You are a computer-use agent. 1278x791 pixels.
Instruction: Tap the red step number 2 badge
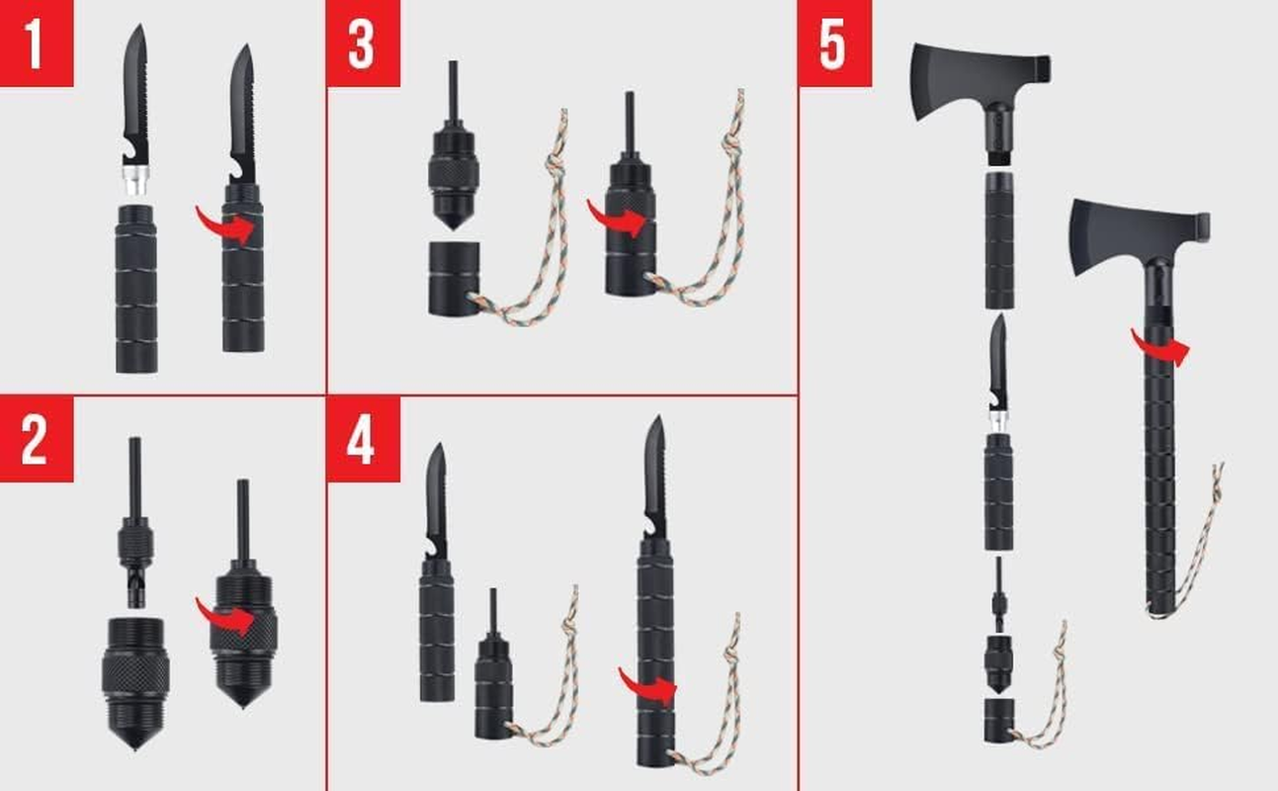click(36, 438)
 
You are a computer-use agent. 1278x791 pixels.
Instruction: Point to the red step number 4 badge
click(363, 438)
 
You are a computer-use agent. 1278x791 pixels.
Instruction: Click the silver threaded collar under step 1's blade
click(137, 181)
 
